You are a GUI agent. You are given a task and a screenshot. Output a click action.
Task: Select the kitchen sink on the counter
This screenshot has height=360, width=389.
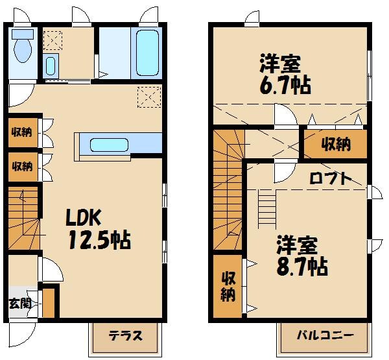109,144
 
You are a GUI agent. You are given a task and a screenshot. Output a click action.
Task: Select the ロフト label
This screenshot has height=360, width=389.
330,178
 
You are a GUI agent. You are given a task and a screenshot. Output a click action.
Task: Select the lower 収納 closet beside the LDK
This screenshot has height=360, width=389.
21,166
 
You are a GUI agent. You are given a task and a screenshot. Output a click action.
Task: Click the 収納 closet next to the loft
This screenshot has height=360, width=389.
335,144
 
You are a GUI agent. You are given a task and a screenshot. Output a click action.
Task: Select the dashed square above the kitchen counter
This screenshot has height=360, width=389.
148,98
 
